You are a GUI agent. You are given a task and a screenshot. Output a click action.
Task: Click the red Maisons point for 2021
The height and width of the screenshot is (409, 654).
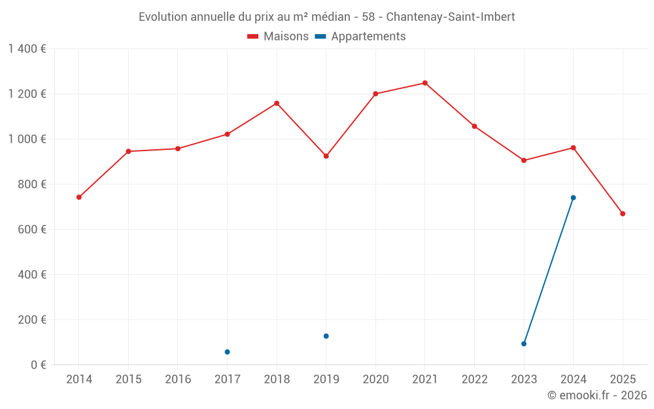click(x=424, y=83)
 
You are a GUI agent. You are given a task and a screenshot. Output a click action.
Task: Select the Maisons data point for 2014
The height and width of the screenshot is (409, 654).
click(x=79, y=197)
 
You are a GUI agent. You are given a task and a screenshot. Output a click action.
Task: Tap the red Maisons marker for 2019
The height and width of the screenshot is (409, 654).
click(x=326, y=156)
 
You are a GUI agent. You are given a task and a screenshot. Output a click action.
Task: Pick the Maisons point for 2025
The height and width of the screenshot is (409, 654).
click(x=623, y=214)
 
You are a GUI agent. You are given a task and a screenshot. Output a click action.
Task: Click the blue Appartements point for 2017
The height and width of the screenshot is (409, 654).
click(x=227, y=352)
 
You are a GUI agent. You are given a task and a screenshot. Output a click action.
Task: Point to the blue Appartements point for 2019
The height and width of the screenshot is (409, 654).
click(x=326, y=336)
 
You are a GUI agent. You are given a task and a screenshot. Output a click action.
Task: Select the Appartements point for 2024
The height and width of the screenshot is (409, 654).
click(x=573, y=198)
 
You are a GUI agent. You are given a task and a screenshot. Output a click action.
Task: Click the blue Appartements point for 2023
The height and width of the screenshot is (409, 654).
click(x=524, y=344)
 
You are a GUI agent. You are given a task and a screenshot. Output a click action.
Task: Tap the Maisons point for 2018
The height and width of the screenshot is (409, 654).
click(x=277, y=103)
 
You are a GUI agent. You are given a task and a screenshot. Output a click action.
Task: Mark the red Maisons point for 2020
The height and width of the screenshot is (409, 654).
click(x=375, y=94)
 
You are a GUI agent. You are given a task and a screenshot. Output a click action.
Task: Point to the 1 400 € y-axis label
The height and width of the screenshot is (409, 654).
click(x=27, y=49)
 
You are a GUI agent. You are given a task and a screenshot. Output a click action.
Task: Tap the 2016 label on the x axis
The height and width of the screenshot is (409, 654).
click(x=178, y=380)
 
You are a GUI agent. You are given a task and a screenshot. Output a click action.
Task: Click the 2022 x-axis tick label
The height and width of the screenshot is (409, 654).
click(x=474, y=380)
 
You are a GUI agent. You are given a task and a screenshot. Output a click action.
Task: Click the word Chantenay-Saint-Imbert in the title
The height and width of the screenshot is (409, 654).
click(x=451, y=17)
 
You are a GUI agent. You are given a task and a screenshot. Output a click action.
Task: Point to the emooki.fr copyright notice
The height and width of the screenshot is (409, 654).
click(x=596, y=395)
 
